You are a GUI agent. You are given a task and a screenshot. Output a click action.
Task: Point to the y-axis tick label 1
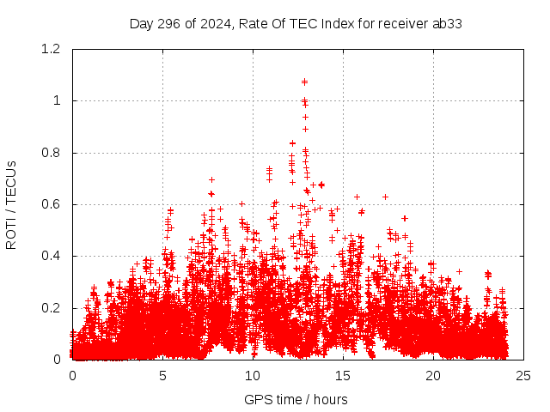(58, 101)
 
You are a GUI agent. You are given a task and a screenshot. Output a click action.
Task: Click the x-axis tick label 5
(162, 375)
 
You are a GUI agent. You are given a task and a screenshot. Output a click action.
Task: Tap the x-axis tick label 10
(253, 375)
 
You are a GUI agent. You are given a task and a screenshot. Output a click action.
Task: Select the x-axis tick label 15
(343, 375)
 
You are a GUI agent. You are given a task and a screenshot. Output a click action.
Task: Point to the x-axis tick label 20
(433, 375)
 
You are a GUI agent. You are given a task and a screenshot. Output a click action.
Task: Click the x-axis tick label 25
(523, 375)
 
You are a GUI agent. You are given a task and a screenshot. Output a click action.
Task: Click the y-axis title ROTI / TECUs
(11, 204)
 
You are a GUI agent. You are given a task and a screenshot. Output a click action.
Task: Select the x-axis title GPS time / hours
(296, 399)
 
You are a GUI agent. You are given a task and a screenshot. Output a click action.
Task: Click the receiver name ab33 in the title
(447, 24)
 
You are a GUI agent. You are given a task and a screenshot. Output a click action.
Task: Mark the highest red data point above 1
(304, 82)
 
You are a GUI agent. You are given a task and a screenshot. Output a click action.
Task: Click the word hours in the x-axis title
(330, 399)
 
